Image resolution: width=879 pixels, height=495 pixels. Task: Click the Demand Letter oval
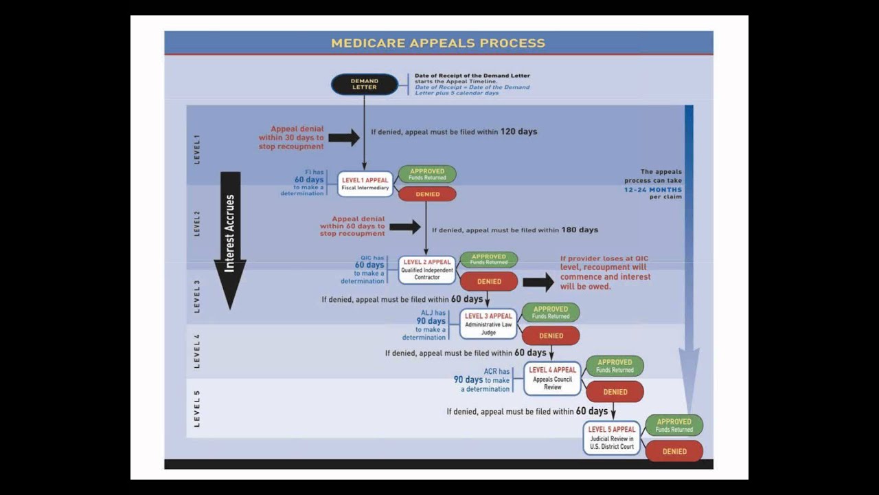pyautogui.click(x=364, y=85)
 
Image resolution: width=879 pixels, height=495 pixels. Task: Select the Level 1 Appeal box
pyautogui.click(x=365, y=184)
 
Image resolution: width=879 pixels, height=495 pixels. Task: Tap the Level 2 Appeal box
pyautogui.click(x=427, y=269)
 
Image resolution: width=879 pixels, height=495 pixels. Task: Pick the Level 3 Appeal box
pyautogui.click(x=488, y=324)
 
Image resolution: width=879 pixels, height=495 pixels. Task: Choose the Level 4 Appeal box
pyautogui.click(x=552, y=378)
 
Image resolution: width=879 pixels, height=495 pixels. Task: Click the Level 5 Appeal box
pyautogui.click(x=611, y=438)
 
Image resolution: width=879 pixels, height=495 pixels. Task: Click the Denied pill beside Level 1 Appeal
pyautogui.click(x=427, y=195)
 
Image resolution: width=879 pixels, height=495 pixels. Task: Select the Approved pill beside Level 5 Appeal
pyautogui.click(x=674, y=425)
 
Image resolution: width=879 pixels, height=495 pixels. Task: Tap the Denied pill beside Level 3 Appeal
pyautogui.click(x=551, y=335)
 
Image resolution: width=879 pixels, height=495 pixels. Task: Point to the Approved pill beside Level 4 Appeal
pyautogui.click(x=614, y=366)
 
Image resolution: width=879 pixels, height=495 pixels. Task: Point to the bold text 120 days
pyautogui.click(x=518, y=131)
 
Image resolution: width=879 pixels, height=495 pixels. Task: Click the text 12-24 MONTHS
pyautogui.click(x=653, y=189)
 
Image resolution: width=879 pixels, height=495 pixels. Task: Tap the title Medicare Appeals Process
pyautogui.click(x=438, y=43)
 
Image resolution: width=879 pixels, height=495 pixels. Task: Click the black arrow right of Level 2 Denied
pyautogui.click(x=538, y=282)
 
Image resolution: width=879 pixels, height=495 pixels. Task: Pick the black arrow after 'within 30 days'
pyautogui.click(x=343, y=137)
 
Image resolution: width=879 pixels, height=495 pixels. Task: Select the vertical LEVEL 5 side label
pyautogui.click(x=197, y=408)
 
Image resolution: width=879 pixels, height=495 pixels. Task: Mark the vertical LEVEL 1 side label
pyautogui.click(x=197, y=148)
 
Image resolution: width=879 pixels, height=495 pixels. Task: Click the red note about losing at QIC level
pyautogui.click(x=604, y=272)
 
